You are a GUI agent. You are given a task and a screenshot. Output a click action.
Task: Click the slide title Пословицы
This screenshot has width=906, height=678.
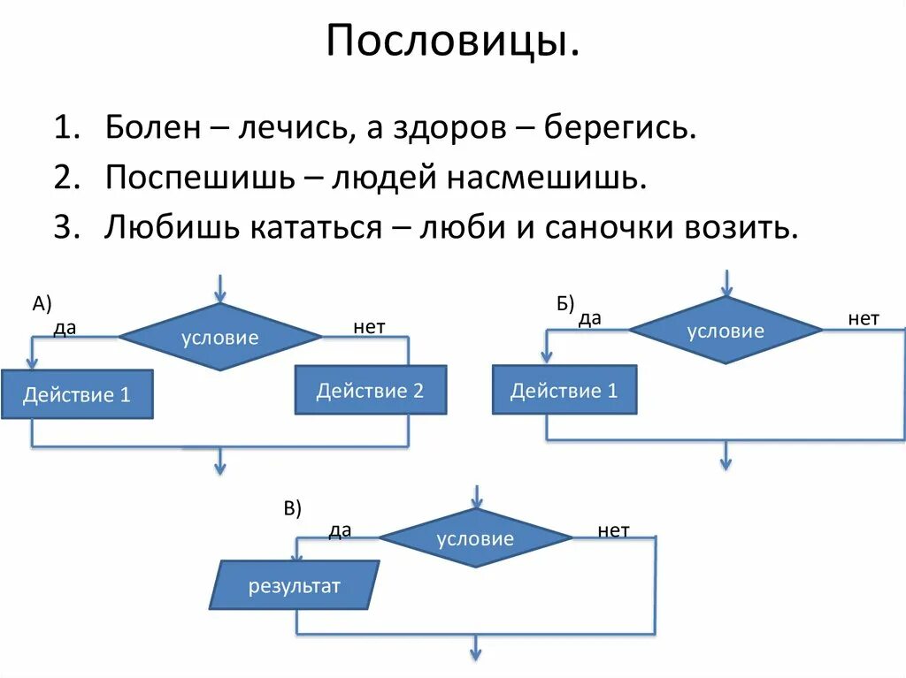click(x=453, y=41)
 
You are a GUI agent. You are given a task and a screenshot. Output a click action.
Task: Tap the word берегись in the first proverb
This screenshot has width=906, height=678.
click(x=620, y=129)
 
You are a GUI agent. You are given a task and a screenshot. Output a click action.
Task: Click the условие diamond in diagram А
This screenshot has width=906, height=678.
click(x=220, y=337)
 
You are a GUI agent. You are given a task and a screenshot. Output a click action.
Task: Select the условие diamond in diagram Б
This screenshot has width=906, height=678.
click(x=726, y=331)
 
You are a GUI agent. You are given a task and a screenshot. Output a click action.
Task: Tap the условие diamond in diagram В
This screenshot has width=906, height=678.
click(x=475, y=538)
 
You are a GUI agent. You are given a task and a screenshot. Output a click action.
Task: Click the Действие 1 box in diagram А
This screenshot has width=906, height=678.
click(x=77, y=394)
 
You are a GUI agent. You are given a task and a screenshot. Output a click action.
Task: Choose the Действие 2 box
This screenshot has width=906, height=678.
click(x=370, y=390)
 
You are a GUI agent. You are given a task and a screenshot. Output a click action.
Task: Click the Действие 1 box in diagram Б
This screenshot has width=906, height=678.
click(x=564, y=390)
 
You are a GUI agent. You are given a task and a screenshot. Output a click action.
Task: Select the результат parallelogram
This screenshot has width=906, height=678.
click(x=294, y=586)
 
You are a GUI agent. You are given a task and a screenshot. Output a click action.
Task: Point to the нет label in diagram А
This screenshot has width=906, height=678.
click(x=369, y=327)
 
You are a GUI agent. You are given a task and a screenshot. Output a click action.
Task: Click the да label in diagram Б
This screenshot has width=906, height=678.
click(x=590, y=318)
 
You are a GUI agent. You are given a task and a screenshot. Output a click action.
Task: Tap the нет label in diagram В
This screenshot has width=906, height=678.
click(x=613, y=530)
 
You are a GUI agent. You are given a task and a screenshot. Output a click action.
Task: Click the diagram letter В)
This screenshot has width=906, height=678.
click(x=292, y=508)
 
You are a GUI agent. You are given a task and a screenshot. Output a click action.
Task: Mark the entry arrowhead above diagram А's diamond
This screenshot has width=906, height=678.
click(x=220, y=295)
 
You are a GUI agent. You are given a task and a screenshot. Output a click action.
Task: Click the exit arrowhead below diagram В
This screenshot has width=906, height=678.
click(x=475, y=653)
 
